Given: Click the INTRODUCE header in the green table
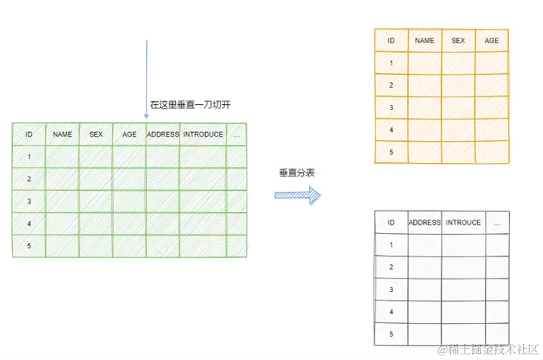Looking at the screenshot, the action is pyautogui.click(x=203, y=134).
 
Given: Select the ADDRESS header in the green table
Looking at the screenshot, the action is pyautogui.click(x=163, y=134).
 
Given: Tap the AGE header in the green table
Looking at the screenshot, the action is pyautogui.click(x=130, y=134).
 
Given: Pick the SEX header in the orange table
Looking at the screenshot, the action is pyautogui.click(x=458, y=41).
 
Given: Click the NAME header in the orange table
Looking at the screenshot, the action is pyautogui.click(x=425, y=41).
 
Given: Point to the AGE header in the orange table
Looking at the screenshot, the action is pyautogui.click(x=492, y=41).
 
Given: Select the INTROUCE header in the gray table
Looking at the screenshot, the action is pyautogui.click(x=463, y=223).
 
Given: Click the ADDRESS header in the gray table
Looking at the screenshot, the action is pyautogui.click(x=425, y=223).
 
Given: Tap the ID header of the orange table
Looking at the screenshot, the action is pyautogui.click(x=391, y=41).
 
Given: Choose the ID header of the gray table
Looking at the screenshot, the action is pyautogui.click(x=391, y=223).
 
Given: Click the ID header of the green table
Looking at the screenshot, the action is pyautogui.click(x=29, y=134).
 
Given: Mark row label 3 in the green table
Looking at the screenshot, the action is pyautogui.click(x=29, y=202).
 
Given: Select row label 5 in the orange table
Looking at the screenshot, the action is pyautogui.click(x=391, y=152).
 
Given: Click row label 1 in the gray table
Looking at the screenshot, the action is pyautogui.click(x=391, y=245).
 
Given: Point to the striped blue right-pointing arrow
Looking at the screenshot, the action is pyautogui.click(x=297, y=195).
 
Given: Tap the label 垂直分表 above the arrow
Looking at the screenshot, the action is pyautogui.click(x=296, y=173).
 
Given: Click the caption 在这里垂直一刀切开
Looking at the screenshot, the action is pyautogui.click(x=189, y=105).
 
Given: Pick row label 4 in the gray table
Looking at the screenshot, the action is pyautogui.click(x=391, y=311).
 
